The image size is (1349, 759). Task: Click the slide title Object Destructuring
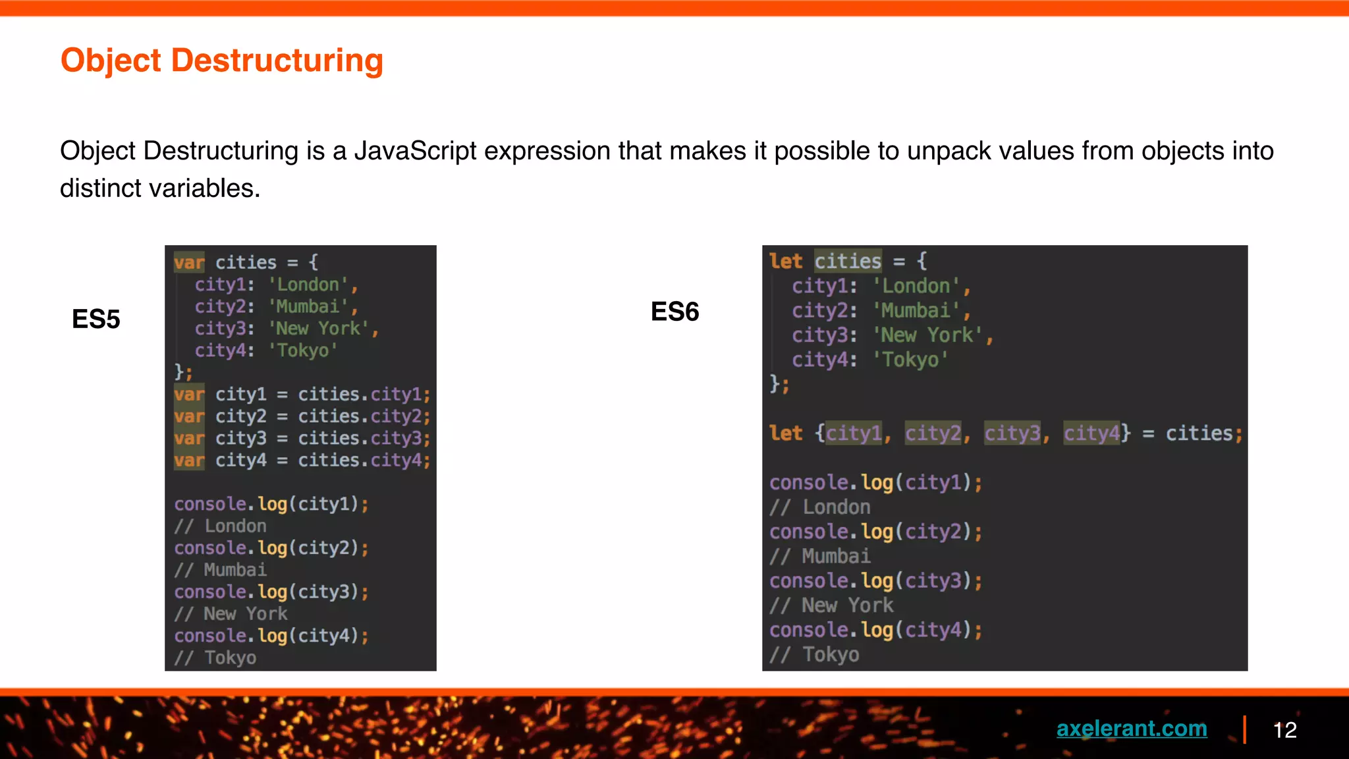221,61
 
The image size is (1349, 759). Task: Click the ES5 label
96,320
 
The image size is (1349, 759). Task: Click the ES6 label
674,312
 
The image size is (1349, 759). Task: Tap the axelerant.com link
1132,729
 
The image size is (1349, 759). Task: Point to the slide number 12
1284,730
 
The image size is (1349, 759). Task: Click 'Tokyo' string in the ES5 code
303,351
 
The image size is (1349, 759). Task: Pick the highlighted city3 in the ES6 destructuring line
1012,434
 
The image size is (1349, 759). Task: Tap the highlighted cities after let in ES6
848,262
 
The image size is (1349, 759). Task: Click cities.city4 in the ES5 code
364,461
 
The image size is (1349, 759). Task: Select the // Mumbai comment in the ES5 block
221,570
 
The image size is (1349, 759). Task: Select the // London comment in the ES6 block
820,507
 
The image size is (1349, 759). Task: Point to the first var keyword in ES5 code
189,263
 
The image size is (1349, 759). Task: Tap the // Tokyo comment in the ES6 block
815,655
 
